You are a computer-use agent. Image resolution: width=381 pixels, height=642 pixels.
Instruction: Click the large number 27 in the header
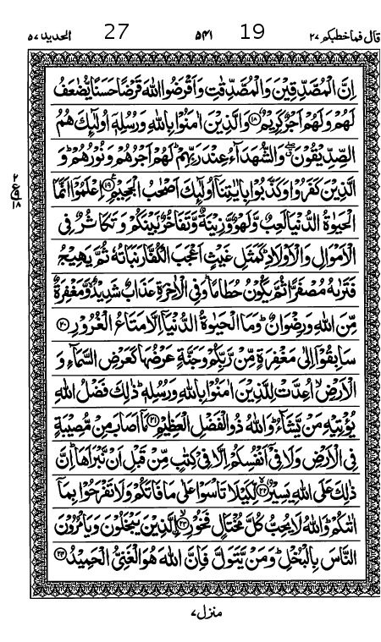(x=116, y=32)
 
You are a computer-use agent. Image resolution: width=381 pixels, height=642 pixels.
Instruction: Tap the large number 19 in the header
(x=251, y=32)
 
